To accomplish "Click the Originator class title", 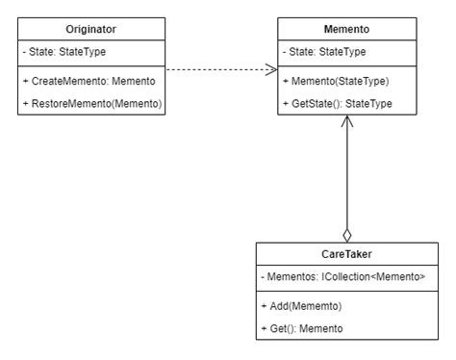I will pos(91,30).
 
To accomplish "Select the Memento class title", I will pos(347,30).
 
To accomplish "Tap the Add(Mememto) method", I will pos(304,305).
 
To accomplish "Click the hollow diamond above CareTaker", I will pos(347,234).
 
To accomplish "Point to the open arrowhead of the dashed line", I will pos(271,69).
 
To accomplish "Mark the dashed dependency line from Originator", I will pos(216,69).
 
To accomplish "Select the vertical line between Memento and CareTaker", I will pos(347,178).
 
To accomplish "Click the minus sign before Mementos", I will pos(264,277).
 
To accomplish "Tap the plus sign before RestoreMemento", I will pos(26,102).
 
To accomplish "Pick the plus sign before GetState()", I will pos(286,102).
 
